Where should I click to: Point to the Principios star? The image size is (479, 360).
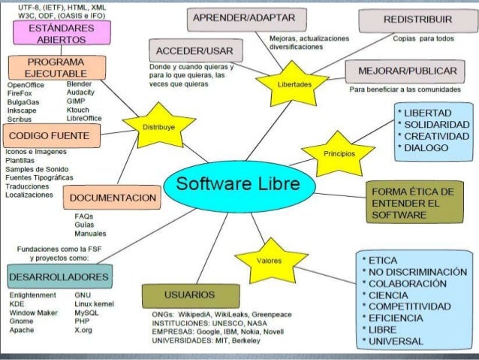(333, 150)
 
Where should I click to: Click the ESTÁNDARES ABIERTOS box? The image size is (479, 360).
(60, 33)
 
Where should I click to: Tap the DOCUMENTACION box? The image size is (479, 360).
(112, 198)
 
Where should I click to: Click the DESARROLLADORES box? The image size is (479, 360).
(60, 277)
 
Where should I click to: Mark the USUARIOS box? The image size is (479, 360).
(191, 293)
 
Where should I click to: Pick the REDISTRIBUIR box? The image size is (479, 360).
(417, 18)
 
